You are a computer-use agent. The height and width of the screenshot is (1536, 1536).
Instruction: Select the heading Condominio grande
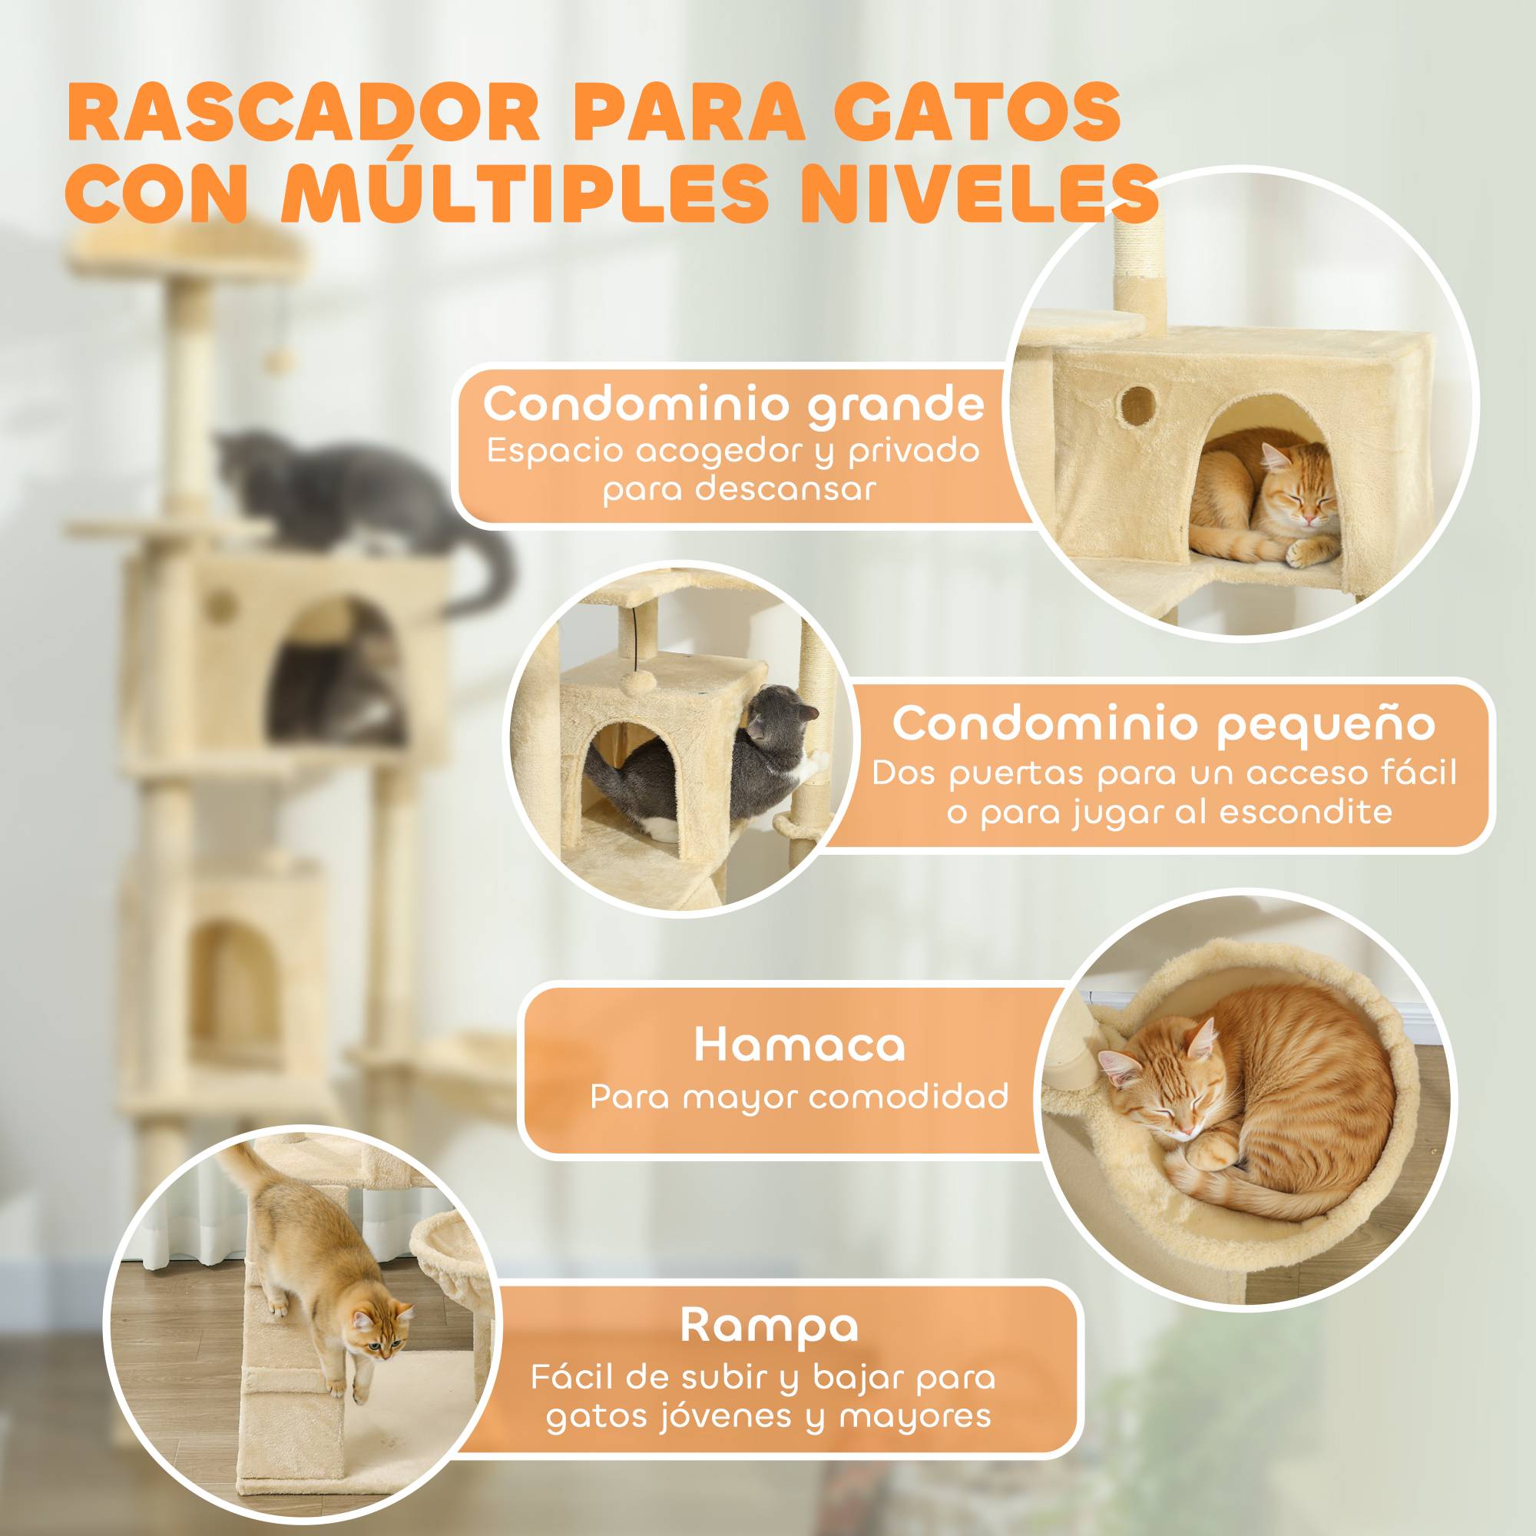coord(733,404)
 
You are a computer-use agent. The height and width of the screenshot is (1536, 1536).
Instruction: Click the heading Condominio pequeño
coord(1164,724)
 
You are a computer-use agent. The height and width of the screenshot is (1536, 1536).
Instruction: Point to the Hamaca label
coord(799,1045)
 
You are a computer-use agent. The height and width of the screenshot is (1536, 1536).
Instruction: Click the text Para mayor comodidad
coord(799,1097)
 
